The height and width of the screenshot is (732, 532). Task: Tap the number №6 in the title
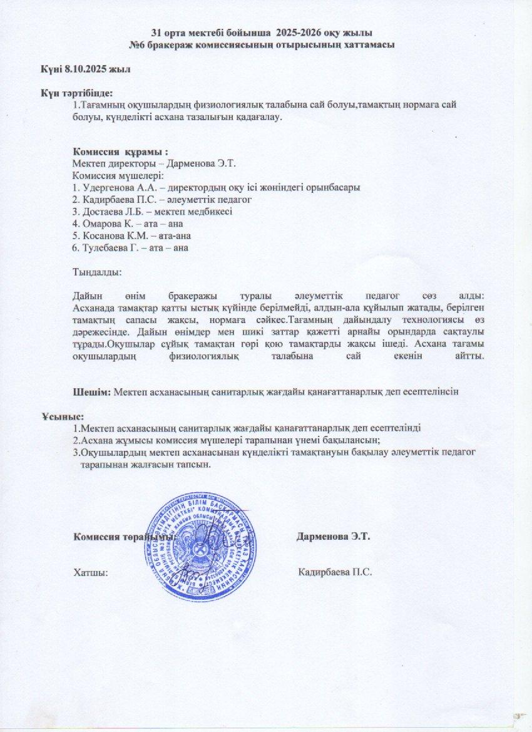tap(138, 45)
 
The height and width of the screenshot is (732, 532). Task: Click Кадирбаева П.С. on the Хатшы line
tap(335, 572)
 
